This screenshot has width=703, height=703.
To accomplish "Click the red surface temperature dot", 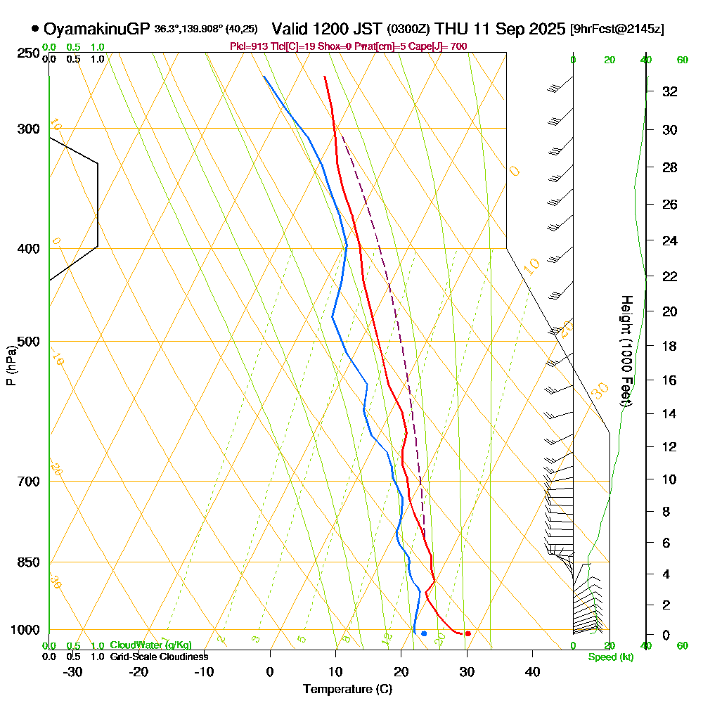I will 467,633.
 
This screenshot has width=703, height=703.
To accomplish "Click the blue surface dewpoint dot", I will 424,633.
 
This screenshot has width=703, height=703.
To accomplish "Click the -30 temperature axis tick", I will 72,671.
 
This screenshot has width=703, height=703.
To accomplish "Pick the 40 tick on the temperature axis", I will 532,671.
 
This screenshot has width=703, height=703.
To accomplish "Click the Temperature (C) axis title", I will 347,690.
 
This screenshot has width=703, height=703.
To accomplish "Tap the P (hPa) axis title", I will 11,366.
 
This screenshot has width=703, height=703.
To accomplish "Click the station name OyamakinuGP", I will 96,29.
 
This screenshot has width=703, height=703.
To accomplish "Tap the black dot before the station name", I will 35,29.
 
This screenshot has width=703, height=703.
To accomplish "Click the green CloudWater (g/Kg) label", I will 150,645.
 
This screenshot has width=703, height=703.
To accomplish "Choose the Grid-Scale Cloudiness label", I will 159,657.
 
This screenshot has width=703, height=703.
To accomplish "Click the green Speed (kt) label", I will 609,657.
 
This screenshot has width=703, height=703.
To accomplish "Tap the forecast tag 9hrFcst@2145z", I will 617,30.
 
